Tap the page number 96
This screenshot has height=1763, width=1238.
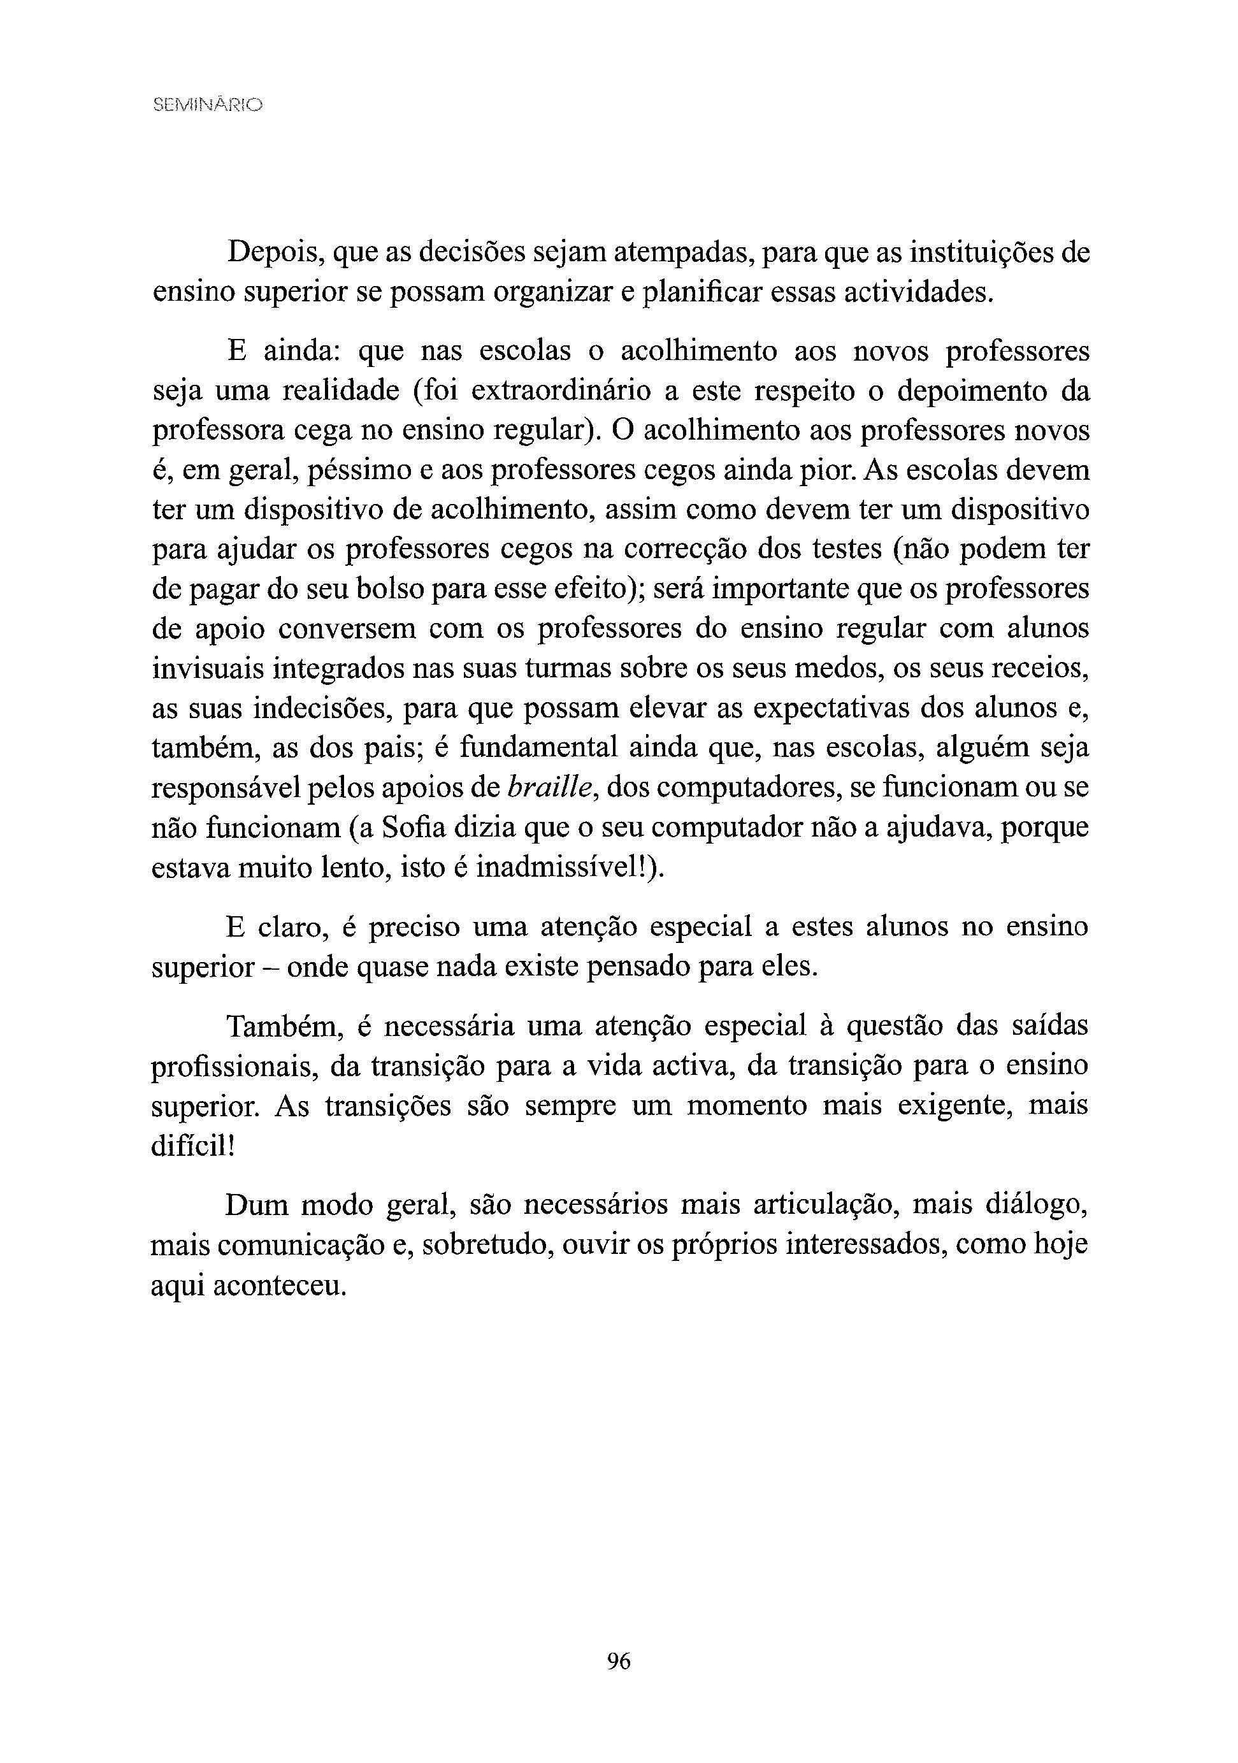click(x=618, y=1661)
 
